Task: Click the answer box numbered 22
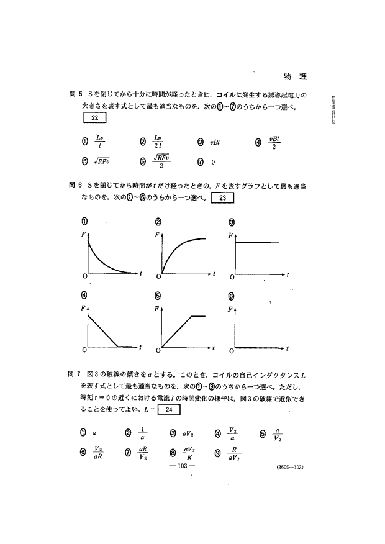94,117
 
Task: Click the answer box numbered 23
223,198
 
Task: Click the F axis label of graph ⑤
156,308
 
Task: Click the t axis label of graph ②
214,273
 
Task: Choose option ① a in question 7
89,433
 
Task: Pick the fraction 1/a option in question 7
137,433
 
